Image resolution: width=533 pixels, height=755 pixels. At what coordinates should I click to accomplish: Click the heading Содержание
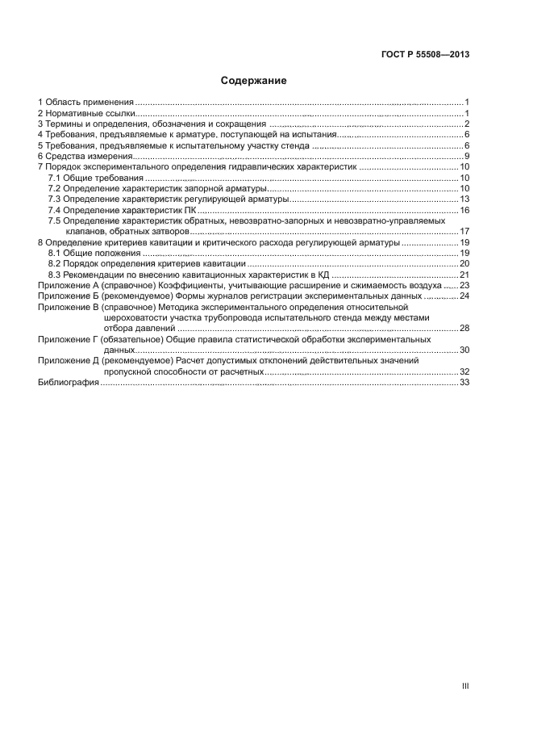254,81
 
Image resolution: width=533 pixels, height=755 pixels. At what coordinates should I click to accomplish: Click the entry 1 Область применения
85,102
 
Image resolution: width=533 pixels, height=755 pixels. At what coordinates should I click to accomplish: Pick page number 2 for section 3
467,124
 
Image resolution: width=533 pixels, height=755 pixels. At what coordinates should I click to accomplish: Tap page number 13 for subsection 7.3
464,199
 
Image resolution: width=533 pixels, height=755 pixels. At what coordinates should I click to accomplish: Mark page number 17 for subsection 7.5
464,231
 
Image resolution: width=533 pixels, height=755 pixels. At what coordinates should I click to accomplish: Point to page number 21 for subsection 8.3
464,275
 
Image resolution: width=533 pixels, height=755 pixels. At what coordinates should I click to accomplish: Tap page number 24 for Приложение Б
464,296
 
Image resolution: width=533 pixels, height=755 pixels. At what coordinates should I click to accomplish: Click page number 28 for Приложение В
464,329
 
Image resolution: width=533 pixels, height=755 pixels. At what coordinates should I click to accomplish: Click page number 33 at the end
464,383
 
